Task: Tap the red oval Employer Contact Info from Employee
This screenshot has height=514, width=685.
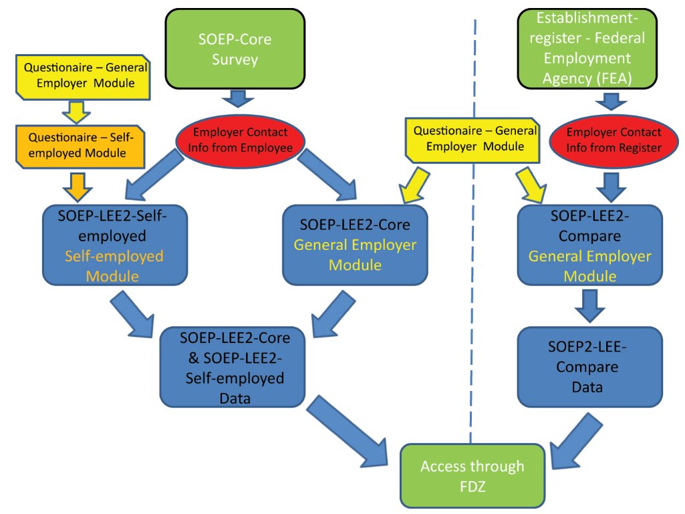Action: tap(240, 140)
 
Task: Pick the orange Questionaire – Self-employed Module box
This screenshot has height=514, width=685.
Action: tap(80, 145)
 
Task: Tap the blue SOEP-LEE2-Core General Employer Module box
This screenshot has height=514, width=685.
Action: tap(354, 245)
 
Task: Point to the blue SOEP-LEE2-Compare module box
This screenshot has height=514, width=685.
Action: tap(590, 245)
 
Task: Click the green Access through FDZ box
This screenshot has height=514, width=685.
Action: tap(472, 475)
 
